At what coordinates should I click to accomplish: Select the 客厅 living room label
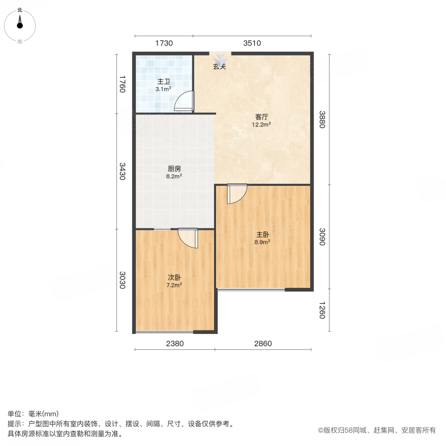tap(262, 117)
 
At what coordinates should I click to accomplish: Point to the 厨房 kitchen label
tap(173, 168)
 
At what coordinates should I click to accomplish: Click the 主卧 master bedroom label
tap(263, 234)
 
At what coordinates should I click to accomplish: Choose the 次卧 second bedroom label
tap(174, 278)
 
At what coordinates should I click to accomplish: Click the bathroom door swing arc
tap(184, 101)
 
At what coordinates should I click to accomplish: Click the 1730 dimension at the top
tap(164, 43)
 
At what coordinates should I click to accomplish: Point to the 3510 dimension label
tap(252, 43)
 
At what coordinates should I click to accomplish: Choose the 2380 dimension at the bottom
tap(174, 343)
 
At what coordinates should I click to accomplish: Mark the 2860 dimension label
tap(263, 343)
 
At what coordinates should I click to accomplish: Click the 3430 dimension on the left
tap(122, 171)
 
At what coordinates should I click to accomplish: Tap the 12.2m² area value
tap(262, 125)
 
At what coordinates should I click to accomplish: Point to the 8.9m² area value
tap(263, 242)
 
